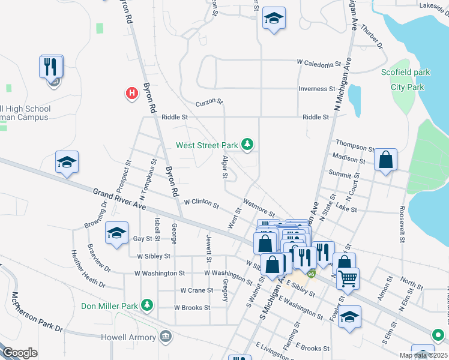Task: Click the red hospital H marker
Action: tap(131, 93)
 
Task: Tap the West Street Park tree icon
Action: tap(247, 144)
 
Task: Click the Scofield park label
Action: tap(406, 73)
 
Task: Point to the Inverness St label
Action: tap(317, 89)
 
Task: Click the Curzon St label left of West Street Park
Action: tap(211, 102)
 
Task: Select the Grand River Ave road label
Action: tap(119, 198)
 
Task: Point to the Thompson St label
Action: tap(355, 145)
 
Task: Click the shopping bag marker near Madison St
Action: tap(385, 160)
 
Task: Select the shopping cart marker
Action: tap(348, 278)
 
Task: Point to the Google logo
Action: tap(20, 353)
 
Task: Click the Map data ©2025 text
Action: tap(423, 355)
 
